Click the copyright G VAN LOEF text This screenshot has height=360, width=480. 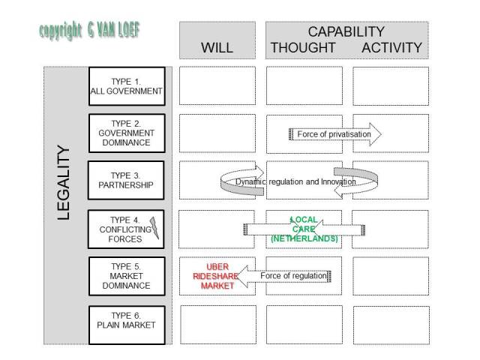click(x=89, y=31)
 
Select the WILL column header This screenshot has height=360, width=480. click(x=217, y=47)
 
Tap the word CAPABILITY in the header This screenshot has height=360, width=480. click(x=346, y=31)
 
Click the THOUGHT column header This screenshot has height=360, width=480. click(x=303, y=48)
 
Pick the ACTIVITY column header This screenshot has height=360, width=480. click(x=391, y=48)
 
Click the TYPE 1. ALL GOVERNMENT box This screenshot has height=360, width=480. click(x=126, y=85)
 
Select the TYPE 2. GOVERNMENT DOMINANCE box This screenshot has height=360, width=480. click(x=126, y=133)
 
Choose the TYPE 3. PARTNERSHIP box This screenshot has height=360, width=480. click(x=126, y=180)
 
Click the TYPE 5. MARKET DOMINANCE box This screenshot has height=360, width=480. click(x=126, y=276)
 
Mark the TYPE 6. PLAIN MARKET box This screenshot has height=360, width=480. click(x=126, y=325)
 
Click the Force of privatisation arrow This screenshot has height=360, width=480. click(x=334, y=134)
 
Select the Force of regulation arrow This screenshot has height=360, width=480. click(x=285, y=276)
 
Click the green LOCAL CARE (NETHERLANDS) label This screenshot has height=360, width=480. click(x=304, y=229)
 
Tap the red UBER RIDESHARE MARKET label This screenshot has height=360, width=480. click(x=217, y=276)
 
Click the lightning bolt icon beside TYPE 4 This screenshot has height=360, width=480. click(x=155, y=227)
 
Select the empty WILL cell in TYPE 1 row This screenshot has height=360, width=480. click(x=217, y=85)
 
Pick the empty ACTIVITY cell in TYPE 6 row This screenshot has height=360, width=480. click(x=391, y=324)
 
